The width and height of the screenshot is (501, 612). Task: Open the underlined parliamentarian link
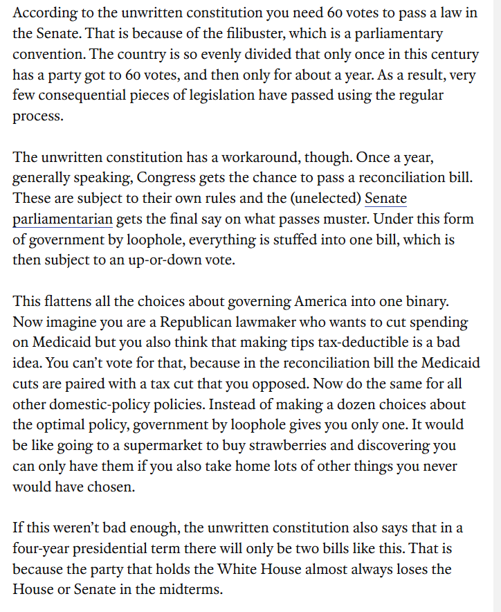(x=62, y=219)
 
